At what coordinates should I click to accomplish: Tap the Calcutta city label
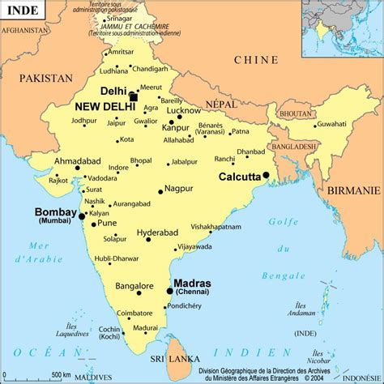click(x=240, y=177)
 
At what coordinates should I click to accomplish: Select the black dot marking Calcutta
click(x=266, y=174)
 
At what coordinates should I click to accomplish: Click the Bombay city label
click(x=56, y=212)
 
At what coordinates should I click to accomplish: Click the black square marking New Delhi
click(x=133, y=96)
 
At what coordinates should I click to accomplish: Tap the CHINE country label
click(x=255, y=60)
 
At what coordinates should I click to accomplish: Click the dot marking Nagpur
click(x=160, y=190)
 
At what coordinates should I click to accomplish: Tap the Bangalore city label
click(x=134, y=286)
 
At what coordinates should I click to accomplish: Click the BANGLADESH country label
click(x=292, y=147)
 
